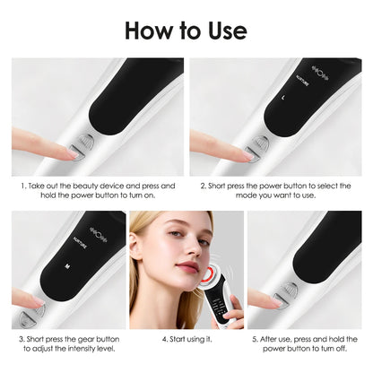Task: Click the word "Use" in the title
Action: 224,30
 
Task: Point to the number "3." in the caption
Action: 22,339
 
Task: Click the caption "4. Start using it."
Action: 186,339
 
